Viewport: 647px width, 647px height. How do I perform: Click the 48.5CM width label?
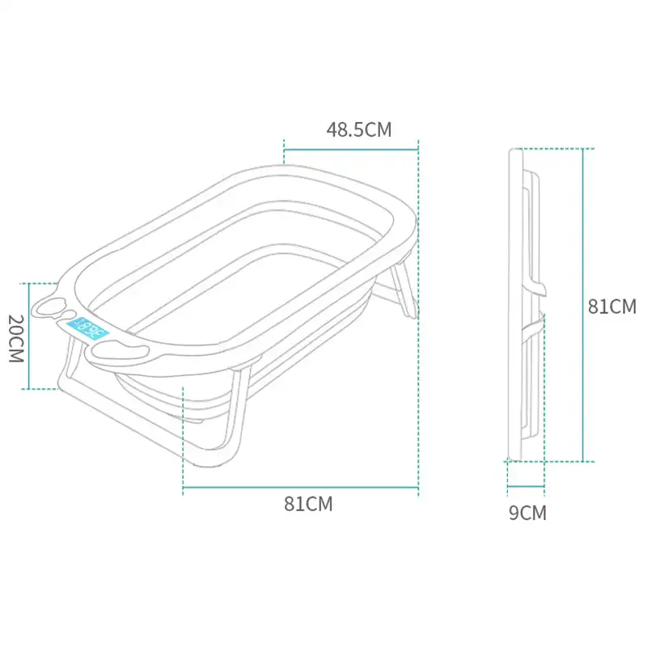point(358,129)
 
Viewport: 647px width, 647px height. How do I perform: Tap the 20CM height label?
point(16,337)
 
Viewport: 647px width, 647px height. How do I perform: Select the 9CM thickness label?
point(527,512)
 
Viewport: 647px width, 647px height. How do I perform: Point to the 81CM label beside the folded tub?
point(611,307)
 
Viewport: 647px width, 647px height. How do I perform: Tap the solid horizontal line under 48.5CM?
point(350,149)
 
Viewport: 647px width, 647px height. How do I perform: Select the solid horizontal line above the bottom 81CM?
point(300,488)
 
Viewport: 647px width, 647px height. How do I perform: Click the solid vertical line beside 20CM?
point(29,336)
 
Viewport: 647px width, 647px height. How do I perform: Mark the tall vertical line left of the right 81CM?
point(582,305)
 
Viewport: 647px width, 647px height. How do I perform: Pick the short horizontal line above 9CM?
point(526,488)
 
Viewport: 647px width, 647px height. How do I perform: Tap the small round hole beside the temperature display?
point(70,315)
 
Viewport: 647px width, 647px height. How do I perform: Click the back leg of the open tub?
point(404,291)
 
